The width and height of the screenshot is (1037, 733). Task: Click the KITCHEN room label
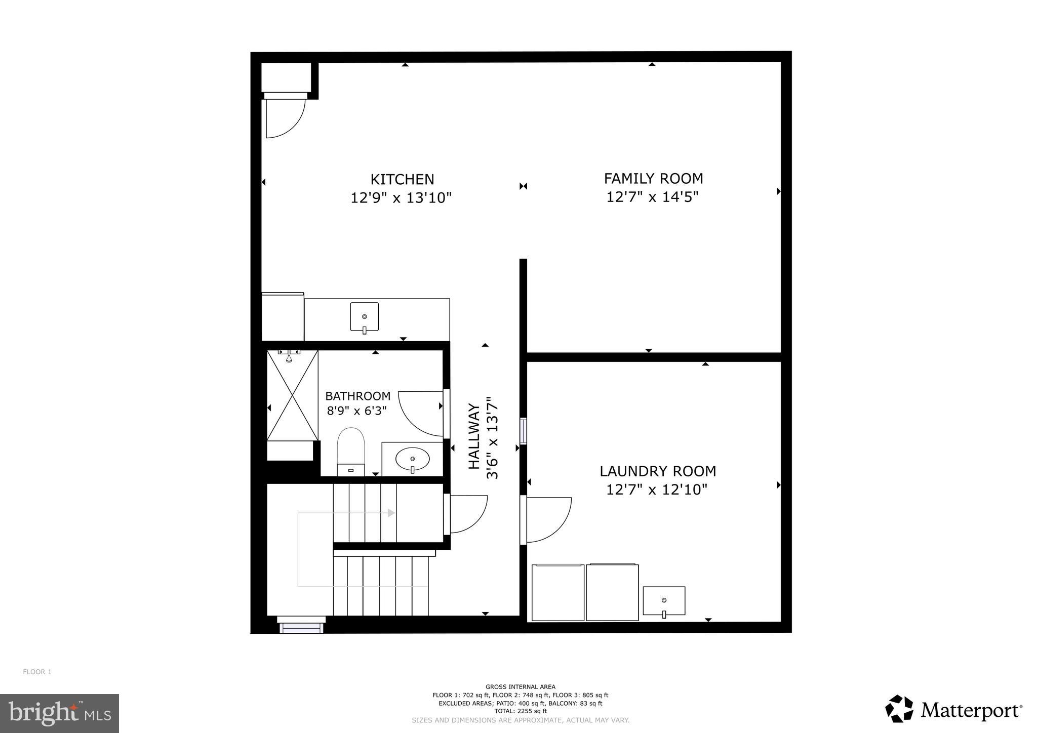[402, 180]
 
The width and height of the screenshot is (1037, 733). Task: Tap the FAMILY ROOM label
[653, 179]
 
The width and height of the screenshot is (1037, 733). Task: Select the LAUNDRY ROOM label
[658, 471]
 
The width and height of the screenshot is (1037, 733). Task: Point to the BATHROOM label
[357, 396]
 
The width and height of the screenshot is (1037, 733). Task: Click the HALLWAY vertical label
[474, 436]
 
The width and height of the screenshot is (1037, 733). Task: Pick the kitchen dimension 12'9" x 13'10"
[401, 197]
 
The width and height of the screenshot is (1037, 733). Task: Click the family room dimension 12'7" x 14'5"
[652, 197]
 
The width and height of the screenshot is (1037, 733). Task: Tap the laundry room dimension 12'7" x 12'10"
[657, 490]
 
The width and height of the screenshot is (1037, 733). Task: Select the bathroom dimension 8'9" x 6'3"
[356, 411]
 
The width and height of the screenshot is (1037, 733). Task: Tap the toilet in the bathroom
[351, 450]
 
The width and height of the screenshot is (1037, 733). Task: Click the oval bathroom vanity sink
[412, 459]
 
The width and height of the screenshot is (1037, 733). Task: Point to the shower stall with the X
[292, 395]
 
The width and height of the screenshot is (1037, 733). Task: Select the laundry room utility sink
[664, 601]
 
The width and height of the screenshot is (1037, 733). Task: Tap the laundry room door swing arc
[548, 519]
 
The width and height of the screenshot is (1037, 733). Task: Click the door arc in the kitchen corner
[285, 118]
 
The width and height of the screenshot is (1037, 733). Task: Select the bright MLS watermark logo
[60, 713]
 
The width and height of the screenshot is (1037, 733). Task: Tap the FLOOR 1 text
[37, 672]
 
